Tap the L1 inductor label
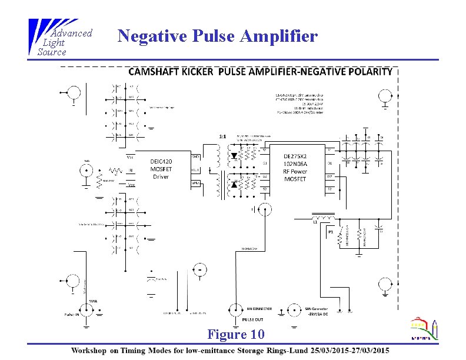[x=315, y=222]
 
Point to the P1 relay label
[x=331, y=232]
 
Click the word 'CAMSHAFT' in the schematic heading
[x=154, y=72]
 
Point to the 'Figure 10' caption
[x=235, y=335]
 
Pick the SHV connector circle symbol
[x=292, y=309]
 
